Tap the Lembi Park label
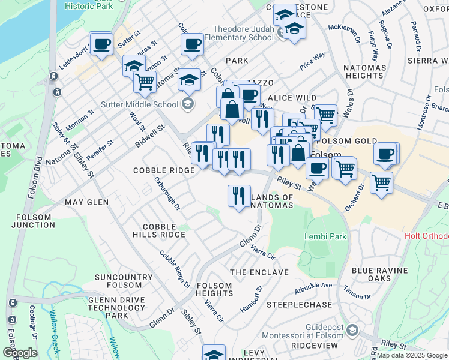click(326, 236)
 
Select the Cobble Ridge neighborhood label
click(164, 170)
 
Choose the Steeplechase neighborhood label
click(299, 305)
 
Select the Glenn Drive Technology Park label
click(116, 307)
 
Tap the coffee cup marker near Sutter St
click(102, 44)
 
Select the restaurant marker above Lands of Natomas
click(238, 195)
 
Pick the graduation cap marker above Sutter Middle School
click(189, 80)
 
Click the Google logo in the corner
click(20, 353)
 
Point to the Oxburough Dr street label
click(167, 193)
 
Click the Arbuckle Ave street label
click(313, 287)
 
